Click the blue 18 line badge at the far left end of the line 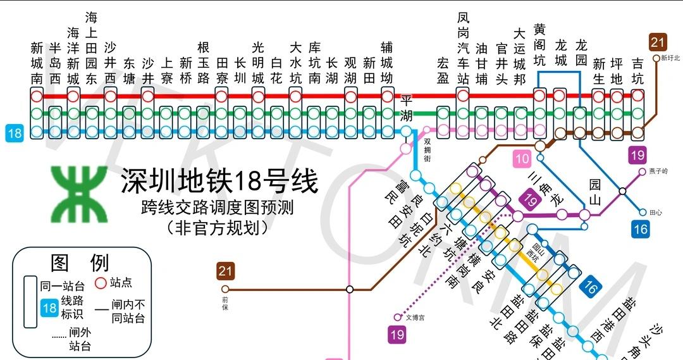pos(14,133)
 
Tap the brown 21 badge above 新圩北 pos(658,42)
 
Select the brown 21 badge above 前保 pos(225,271)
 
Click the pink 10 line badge pos(522,159)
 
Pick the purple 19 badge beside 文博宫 pos(397,334)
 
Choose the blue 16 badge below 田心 pos(640,228)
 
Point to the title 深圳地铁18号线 pos(219,183)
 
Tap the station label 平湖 pos(406,108)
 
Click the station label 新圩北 pos(670,58)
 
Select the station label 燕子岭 pos(658,171)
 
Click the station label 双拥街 pos(428,150)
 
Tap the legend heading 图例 pos(80,262)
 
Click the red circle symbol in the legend pos(100,283)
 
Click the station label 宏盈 pos(443,70)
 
